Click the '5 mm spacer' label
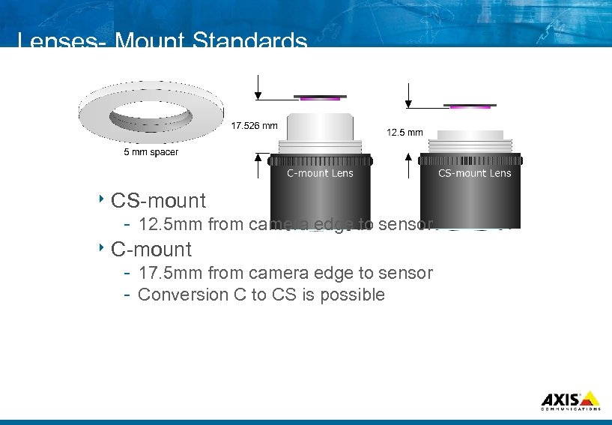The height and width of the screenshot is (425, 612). pyautogui.click(x=151, y=153)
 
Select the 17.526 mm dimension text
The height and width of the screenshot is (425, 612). pyautogui.click(x=255, y=126)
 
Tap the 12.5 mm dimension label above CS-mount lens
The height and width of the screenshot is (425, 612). pyautogui.click(x=405, y=133)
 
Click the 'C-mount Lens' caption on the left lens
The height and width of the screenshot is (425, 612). pyautogui.click(x=320, y=173)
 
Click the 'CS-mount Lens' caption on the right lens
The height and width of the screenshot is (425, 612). pyautogui.click(x=474, y=173)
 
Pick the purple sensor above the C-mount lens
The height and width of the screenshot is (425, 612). pyautogui.click(x=320, y=97)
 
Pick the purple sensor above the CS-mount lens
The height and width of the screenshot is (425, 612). pyautogui.click(x=470, y=106)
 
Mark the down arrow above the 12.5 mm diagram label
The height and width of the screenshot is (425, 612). pyautogui.click(x=408, y=96)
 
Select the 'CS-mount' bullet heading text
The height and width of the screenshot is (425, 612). pyautogui.click(x=158, y=201)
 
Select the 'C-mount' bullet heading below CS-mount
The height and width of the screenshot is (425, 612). pyautogui.click(x=151, y=249)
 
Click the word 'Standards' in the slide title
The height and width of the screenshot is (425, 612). pyautogui.click(x=249, y=41)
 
